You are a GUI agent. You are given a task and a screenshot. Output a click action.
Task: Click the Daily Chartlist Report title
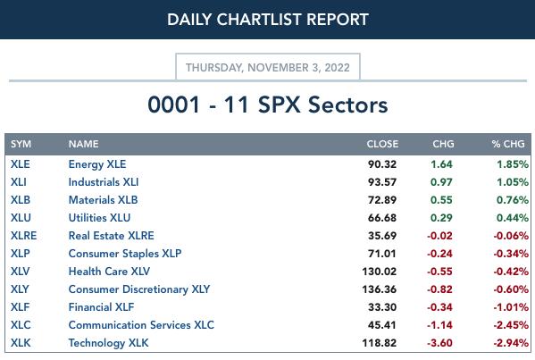click(x=268, y=20)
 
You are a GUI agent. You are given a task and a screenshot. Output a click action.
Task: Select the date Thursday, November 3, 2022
click(x=268, y=68)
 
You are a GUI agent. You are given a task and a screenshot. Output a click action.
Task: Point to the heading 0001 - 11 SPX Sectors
click(x=268, y=105)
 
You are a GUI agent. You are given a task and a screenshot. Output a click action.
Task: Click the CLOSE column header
click(x=382, y=144)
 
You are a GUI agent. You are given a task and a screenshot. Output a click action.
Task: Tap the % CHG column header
click(x=508, y=144)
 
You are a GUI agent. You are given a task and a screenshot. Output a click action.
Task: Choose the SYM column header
click(x=21, y=144)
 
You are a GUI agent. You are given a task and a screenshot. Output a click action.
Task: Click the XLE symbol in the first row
click(x=21, y=164)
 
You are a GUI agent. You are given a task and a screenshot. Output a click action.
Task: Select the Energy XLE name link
click(x=97, y=164)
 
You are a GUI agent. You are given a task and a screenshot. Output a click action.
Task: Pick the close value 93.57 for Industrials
click(x=382, y=182)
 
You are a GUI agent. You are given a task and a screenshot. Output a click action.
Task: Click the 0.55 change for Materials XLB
click(x=441, y=200)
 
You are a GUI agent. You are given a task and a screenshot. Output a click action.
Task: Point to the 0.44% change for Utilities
click(x=513, y=218)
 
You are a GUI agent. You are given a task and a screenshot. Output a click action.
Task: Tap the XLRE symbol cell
click(x=23, y=236)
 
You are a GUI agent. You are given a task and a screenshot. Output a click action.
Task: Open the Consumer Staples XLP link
click(x=125, y=254)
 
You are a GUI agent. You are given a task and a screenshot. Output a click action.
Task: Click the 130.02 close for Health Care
click(x=380, y=272)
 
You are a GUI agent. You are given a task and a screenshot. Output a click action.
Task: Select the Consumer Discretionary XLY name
click(x=139, y=289)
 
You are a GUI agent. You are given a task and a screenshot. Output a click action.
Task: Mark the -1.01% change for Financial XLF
click(x=511, y=307)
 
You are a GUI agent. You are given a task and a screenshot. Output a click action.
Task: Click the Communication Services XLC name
click(x=141, y=325)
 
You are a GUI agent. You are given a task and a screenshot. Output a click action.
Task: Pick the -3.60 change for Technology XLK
click(x=439, y=343)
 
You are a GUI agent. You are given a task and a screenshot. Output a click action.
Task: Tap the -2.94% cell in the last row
click(x=511, y=343)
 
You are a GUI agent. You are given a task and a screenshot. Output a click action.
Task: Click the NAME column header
click(x=84, y=144)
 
